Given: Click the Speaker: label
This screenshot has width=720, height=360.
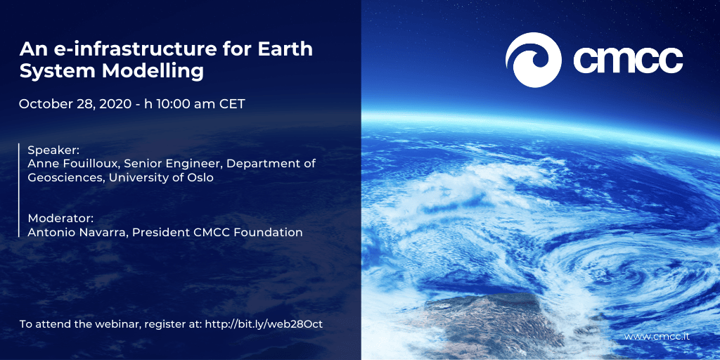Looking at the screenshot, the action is tap(48, 150).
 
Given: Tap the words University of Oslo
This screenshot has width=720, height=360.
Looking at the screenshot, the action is tap(161, 177).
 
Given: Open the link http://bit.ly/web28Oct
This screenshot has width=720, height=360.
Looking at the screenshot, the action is tap(264, 323).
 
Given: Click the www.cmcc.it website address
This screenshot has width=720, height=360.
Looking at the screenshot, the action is tap(657, 337).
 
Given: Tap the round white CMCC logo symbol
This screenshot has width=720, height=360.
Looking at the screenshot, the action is tap(533, 60).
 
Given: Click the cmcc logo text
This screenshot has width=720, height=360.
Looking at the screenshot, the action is tap(628, 60).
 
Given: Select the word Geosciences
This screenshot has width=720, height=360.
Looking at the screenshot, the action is tap(67, 177).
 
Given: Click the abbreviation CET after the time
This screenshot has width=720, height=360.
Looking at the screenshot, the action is tap(232, 104).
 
